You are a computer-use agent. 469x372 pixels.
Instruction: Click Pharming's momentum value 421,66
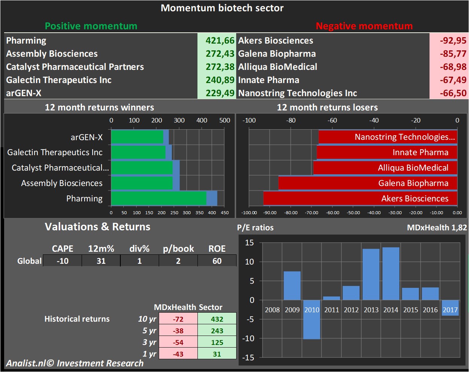point(220,41)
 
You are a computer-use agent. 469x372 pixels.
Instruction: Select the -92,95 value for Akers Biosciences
point(453,41)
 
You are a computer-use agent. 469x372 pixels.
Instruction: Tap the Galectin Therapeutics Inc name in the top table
point(59,80)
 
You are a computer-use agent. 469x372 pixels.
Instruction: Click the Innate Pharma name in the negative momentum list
point(269,80)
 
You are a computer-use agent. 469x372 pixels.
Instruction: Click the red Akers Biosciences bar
point(360,198)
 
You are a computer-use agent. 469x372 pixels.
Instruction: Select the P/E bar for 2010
point(312,319)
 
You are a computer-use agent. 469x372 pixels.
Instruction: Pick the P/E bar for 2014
point(391,273)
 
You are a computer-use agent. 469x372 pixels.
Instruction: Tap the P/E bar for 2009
point(292,286)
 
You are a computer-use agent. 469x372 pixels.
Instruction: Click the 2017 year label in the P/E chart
point(450,310)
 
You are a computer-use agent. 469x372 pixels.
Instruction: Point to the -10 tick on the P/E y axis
point(249,339)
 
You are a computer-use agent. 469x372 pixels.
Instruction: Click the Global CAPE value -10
point(62,261)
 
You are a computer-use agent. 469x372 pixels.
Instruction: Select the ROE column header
point(217,249)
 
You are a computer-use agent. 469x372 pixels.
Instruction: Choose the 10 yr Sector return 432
point(217,319)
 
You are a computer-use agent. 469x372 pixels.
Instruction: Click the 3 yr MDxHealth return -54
point(178,342)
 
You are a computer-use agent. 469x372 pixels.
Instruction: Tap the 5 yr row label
point(149,331)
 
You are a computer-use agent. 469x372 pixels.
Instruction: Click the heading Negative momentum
point(364,26)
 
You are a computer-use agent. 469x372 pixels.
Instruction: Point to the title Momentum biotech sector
point(222,8)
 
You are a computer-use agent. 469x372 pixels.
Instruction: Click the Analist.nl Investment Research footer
point(74,363)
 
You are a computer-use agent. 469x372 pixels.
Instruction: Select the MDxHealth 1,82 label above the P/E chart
point(437,227)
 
